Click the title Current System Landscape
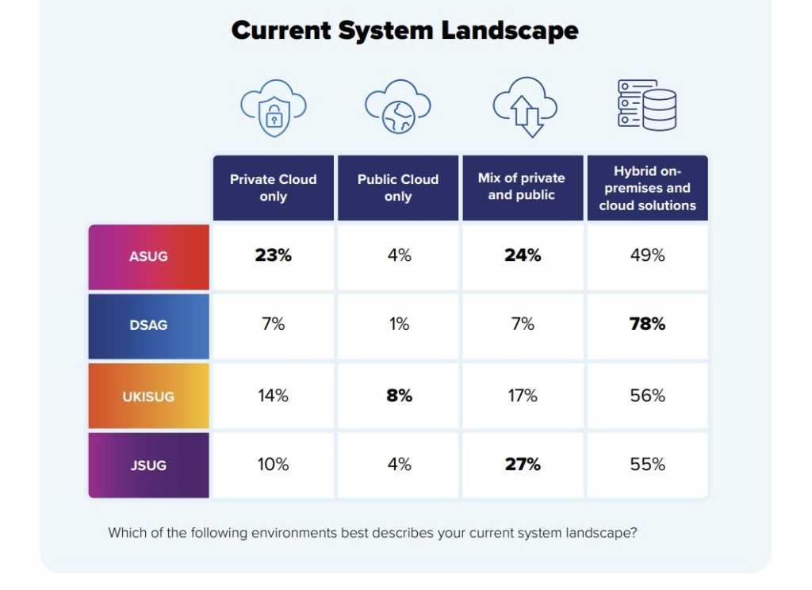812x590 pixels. pos(404,31)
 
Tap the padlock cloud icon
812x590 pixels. pos(273,109)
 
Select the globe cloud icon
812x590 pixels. pos(397,109)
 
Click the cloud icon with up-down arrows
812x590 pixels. pos(524,109)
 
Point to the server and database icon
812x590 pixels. pos(647,105)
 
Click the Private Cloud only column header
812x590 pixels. pos(273,188)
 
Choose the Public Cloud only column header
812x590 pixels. pos(398,188)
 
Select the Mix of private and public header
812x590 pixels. pos(522,187)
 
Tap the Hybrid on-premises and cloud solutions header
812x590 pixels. pos(647,188)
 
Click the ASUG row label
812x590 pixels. pos(148,257)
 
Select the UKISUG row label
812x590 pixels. pos(148,396)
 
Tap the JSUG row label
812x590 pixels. pos(148,465)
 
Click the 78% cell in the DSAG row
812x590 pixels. pos(647,324)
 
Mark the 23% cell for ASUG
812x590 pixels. pos(273,255)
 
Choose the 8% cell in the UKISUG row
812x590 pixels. pos(398,395)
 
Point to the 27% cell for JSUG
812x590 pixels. pos(523,465)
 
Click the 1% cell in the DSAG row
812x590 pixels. pos(398,324)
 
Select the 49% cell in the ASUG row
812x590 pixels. pos(647,255)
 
